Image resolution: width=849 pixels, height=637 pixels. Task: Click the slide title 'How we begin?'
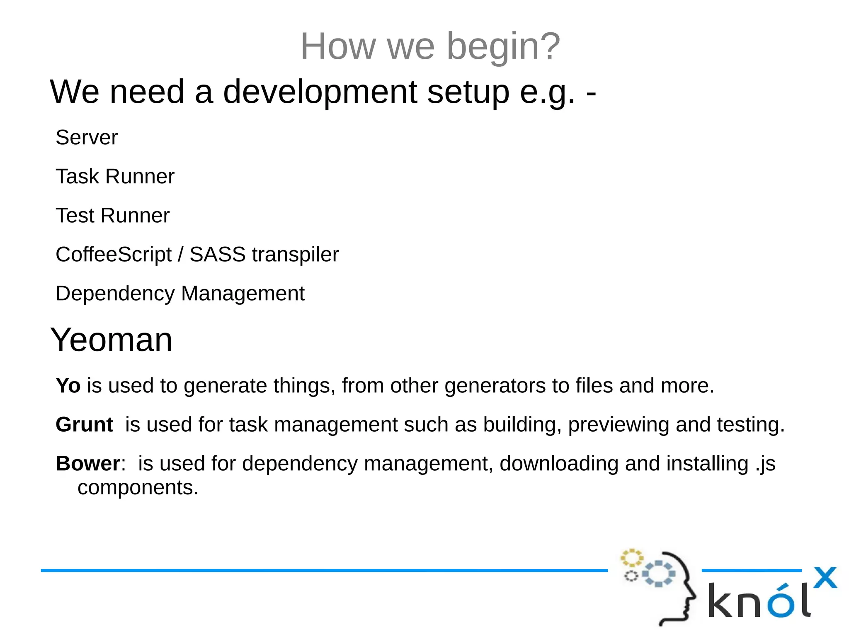(x=430, y=46)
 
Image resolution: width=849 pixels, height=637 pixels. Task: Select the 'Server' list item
(x=87, y=138)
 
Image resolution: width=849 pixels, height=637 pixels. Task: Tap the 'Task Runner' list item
(x=115, y=177)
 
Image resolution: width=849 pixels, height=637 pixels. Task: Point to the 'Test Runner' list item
(x=112, y=216)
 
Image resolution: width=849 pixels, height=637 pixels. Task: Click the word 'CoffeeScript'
(x=113, y=255)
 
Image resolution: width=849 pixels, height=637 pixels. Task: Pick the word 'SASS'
(x=217, y=255)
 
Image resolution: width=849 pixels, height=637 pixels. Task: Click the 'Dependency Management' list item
(x=180, y=294)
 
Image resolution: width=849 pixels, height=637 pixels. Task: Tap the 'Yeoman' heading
(x=111, y=340)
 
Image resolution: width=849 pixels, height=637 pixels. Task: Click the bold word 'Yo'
(x=68, y=386)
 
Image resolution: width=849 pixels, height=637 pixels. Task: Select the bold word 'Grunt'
(x=84, y=425)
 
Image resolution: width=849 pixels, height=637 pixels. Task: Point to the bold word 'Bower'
(x=88, y=464)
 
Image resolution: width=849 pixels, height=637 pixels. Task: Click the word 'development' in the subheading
(x=320, y=92)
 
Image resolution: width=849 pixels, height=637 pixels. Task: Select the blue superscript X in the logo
(x=825, y=578)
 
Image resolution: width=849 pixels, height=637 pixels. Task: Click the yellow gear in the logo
(x=631, y=558)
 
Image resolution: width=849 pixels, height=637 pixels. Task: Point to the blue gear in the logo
(x=658, y=574)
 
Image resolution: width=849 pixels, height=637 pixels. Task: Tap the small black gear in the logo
(x=631, y=576)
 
